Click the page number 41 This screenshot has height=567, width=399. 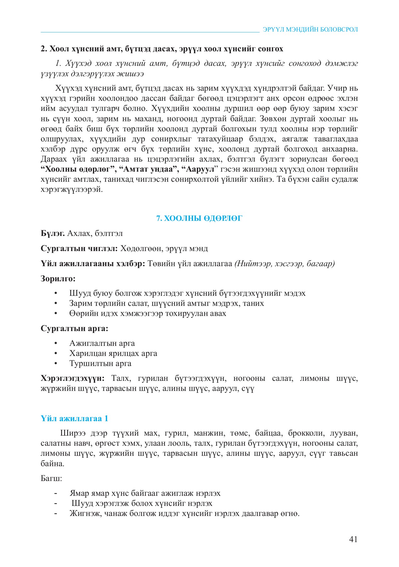pos(353,539)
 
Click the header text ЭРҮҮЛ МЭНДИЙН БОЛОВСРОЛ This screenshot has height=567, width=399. pos(310,30)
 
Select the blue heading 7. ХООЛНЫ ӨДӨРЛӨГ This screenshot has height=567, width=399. pos(199,218)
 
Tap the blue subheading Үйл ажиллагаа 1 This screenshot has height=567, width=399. pos(74,418)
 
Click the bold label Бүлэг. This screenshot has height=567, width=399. pos(53,233)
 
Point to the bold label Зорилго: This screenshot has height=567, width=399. pos(58,278)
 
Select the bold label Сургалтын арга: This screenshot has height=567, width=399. pos(74,329)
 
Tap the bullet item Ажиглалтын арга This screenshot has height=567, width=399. pos(102,343)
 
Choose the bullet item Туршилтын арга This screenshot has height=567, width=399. pos(100,363)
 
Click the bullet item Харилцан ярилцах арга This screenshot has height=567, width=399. pos(113,353)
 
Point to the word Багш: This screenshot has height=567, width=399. pos(51,478)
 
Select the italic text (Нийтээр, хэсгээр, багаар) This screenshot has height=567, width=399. pos(284,264)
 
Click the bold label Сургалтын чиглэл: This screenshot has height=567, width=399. pos(79,249)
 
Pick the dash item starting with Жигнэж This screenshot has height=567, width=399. pos(184,513)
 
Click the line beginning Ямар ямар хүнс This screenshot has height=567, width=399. pos(145,493)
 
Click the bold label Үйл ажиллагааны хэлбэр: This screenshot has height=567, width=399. pos(93,264)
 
